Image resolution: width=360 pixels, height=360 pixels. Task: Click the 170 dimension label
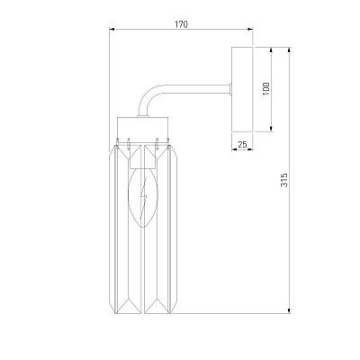[181, 24]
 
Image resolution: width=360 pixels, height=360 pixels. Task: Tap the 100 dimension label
[266, 89]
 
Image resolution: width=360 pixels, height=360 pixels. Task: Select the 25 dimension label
[242, 144]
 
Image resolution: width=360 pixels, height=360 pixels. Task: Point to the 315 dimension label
[284, 180]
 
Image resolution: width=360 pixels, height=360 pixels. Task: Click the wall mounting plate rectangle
[243, 89]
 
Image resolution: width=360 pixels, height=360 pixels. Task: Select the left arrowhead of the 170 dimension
[112, 29]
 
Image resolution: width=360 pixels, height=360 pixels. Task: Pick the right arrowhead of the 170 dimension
[250, 29]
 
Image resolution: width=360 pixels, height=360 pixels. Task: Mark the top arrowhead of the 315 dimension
[289, 49]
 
